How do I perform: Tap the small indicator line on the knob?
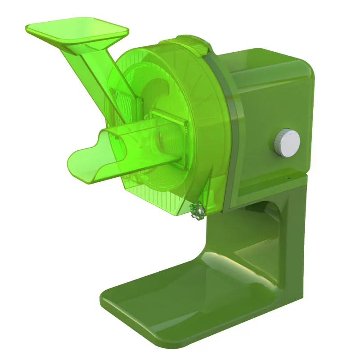(292, 133)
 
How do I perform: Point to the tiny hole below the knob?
(285, 177)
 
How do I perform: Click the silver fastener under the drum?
(197, 210)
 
